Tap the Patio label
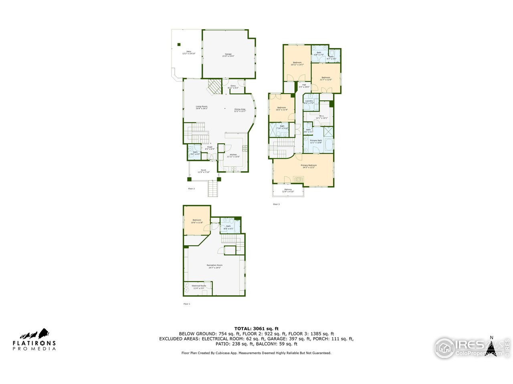[x=186, y=52]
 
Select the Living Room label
[x=202, y=107]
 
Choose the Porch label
[x=204, y=171]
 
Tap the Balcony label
[x=288, y=190]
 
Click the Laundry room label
[x=309, y=102]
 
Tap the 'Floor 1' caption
[x=187, y=304]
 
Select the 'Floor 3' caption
[x=276, y=204]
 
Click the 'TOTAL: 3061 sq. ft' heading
[x=256, y=328]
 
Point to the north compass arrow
[x=491, y=346]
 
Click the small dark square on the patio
[x=179, y=44]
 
